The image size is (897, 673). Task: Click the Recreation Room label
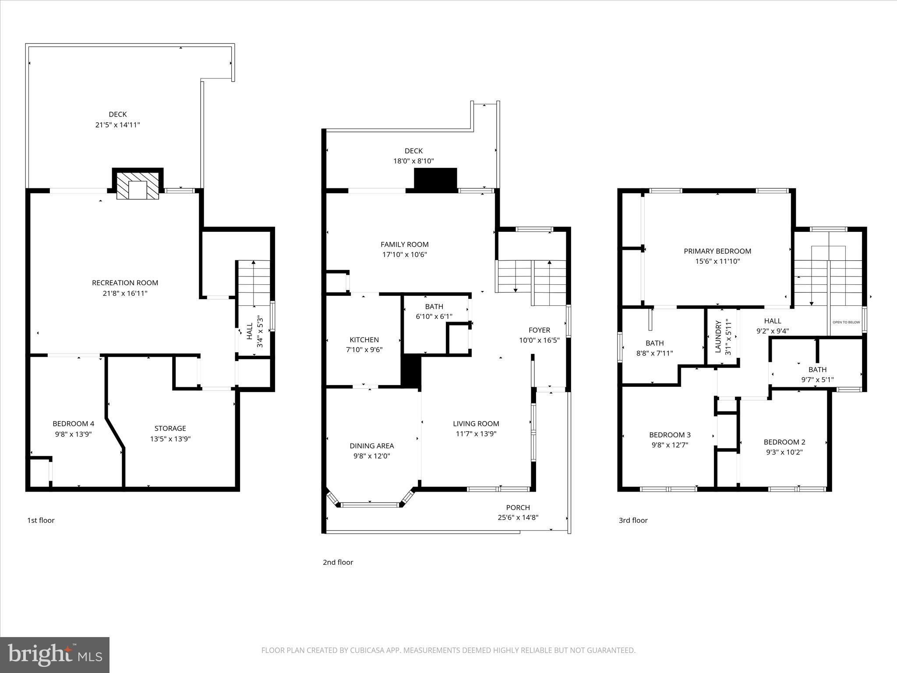coord(125,283)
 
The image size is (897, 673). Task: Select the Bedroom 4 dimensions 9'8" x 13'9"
coord(73,434)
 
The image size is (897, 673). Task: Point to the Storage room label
coord(170,428)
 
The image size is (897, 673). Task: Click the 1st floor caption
coord(41,520)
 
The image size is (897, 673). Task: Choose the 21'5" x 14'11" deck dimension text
coord(117,124)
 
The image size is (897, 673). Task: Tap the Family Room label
coord(404,244)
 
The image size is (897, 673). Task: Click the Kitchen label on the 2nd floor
coord(364,340)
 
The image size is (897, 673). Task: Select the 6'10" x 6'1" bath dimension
coord(434,316)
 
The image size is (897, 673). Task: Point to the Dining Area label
coord(371,446)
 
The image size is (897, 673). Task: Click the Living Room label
coord(476,423)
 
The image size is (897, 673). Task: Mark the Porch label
coord(518,507)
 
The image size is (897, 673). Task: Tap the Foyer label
coord(539,330)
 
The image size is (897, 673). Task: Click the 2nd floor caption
coord(338,562)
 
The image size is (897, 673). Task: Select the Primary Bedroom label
coord(717,251)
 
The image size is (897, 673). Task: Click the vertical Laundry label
coord(718,336)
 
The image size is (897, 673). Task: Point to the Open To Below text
coord(846,322)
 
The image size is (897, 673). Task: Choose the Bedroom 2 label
coord(784,442)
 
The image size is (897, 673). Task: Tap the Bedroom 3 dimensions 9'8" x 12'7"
coord(670,445)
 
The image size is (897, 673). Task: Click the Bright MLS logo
coord(55,655)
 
